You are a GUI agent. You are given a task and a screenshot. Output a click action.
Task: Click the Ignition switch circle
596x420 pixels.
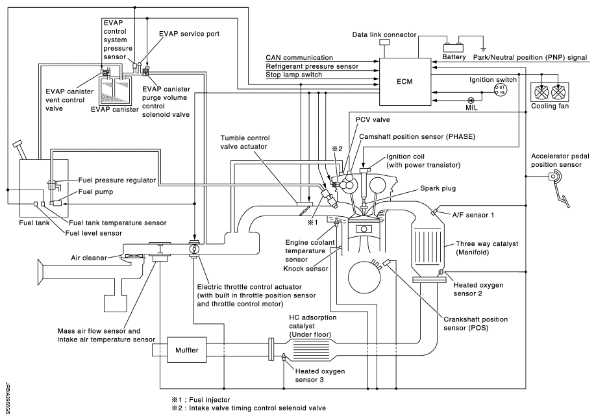pyautogui.click(x=501, y=90)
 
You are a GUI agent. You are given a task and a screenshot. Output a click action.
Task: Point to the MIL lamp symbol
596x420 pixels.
pyautogui.click(x=470, y=101)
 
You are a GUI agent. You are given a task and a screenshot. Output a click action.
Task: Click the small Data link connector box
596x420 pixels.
pyautogui.click(x=384, y=43)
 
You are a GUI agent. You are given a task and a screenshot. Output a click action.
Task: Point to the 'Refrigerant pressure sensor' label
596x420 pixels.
pyautogui.click(x=312, y=66)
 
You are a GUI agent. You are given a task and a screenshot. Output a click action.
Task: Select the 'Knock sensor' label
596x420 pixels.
pyautogui.click(x=301, y=266)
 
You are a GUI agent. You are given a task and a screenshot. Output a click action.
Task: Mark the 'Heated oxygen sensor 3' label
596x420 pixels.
pyautogui.click(x=320, y=375)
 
